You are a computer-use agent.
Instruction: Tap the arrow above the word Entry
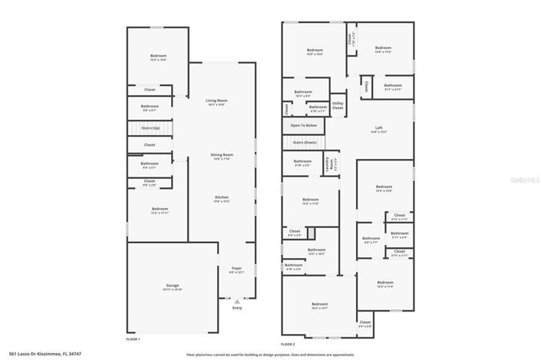coord(236,302)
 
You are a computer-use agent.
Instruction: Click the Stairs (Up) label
coord(150,127)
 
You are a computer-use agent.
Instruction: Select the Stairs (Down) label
coord(305,142)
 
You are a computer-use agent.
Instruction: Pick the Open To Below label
coord(303,125)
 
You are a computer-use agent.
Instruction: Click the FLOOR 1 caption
coord(133,339)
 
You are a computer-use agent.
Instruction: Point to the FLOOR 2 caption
coord(288,345)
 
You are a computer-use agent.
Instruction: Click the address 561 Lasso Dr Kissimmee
coord(35,354)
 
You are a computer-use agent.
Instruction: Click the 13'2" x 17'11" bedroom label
coord(159,210)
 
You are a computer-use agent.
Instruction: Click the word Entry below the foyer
coord(236,308)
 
